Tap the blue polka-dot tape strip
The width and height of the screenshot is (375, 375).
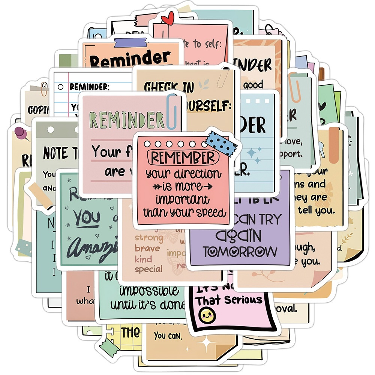click(221, 143)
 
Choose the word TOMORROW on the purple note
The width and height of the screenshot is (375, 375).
click(240, 251)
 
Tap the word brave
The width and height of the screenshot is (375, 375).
click(147, 248)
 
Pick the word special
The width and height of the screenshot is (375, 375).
click(148, 269)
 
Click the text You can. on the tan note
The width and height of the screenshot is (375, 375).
click(168, 336)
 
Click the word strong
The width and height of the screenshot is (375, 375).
click(149, 237)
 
